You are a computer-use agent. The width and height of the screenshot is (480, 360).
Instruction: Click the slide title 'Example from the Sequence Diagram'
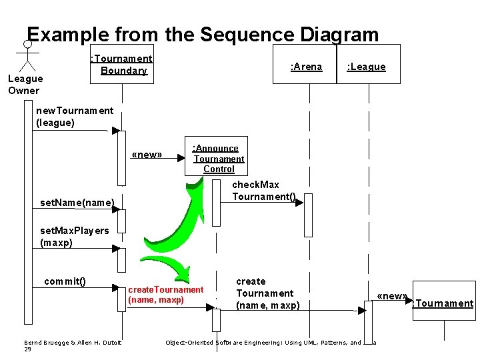[202, 35]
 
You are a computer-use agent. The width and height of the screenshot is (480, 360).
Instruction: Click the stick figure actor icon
[27, 55]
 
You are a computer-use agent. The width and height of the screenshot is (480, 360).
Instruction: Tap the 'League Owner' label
[25, 85]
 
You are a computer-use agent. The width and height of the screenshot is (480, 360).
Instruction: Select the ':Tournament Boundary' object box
[122, 65]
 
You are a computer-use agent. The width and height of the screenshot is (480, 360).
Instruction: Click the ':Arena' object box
[305, 66]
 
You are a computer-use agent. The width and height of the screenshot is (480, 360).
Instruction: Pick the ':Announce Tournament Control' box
[219, 159]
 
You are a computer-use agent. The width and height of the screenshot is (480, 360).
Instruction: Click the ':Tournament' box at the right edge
[443, 304]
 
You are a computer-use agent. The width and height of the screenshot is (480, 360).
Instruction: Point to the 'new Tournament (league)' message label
[75, 116]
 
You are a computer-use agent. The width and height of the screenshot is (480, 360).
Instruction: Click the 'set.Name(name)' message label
[77, 202]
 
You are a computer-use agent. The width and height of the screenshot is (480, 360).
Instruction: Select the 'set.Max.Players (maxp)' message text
[74, 237]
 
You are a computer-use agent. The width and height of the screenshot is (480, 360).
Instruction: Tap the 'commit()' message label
[65, 281]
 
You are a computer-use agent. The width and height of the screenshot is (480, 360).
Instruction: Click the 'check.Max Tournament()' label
[264, 190]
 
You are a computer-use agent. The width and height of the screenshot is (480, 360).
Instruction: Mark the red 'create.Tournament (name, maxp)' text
[165, 295]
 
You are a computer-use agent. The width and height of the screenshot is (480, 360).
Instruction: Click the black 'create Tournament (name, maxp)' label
[268, 293]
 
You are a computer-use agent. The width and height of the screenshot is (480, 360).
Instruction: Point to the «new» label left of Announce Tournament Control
[147, 155]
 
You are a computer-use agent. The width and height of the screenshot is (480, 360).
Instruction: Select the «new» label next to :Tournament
[391, 296]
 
